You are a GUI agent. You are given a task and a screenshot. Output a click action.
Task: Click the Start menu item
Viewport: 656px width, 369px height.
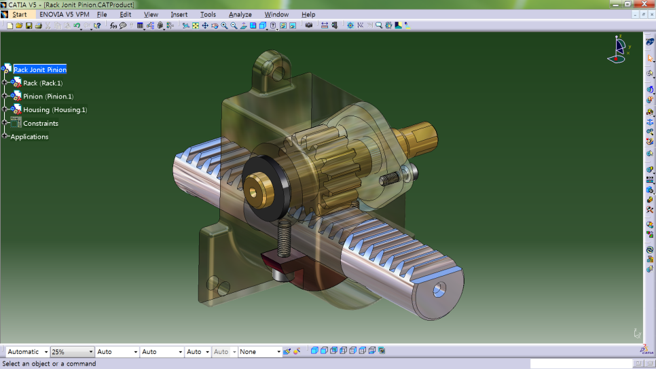20,14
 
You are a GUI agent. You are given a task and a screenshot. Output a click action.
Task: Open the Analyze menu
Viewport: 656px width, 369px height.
240,14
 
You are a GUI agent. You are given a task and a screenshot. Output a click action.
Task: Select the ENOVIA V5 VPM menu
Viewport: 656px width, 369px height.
64,14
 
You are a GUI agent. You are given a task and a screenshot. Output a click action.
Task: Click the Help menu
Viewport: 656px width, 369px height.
308,14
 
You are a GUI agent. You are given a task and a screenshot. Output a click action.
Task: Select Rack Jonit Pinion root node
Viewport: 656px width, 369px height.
40,69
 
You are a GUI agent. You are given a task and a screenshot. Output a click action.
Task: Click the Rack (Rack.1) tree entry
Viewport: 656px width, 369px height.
42,83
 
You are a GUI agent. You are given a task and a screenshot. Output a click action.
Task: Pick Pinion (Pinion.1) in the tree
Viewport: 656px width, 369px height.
48,96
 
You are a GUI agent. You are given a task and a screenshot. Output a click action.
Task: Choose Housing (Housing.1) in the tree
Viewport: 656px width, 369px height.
54,109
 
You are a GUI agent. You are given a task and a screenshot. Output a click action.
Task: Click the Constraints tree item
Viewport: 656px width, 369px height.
41,123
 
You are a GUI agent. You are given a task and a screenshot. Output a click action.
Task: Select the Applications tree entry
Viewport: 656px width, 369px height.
29,137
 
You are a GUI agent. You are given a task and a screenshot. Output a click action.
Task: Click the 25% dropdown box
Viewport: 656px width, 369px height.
72,351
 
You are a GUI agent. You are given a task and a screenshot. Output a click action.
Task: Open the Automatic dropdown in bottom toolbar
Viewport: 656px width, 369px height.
27,351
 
